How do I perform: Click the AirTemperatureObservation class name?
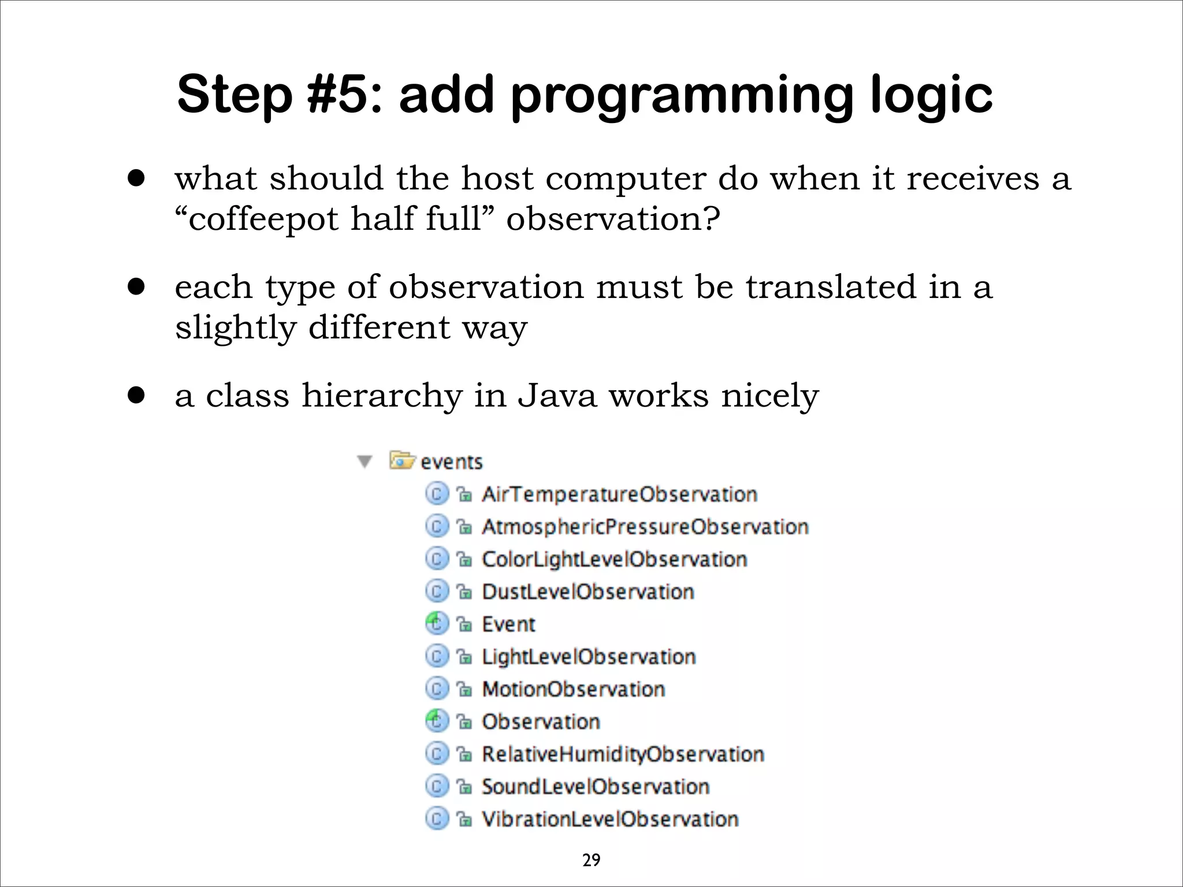point(619,494)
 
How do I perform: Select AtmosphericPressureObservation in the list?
point(645,527)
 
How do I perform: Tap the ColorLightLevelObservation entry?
point(614,559)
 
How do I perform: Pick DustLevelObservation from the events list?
point(587,592)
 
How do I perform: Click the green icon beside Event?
point(437,624)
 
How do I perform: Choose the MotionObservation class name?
point(573,689)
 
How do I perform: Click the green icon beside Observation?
point(437,721)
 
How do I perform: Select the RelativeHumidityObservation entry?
point(623,754)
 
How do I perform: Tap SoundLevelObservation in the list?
point(595,787)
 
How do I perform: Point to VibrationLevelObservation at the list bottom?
point(609,819)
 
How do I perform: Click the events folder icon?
point(402,461)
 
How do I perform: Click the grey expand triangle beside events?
point(364,462)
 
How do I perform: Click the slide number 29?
point(591,860)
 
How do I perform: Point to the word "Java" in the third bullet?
point(556,396)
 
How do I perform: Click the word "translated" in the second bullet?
point(830,287)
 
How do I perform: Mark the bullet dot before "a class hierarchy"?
point(136,396)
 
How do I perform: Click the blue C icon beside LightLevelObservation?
point(437,656)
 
